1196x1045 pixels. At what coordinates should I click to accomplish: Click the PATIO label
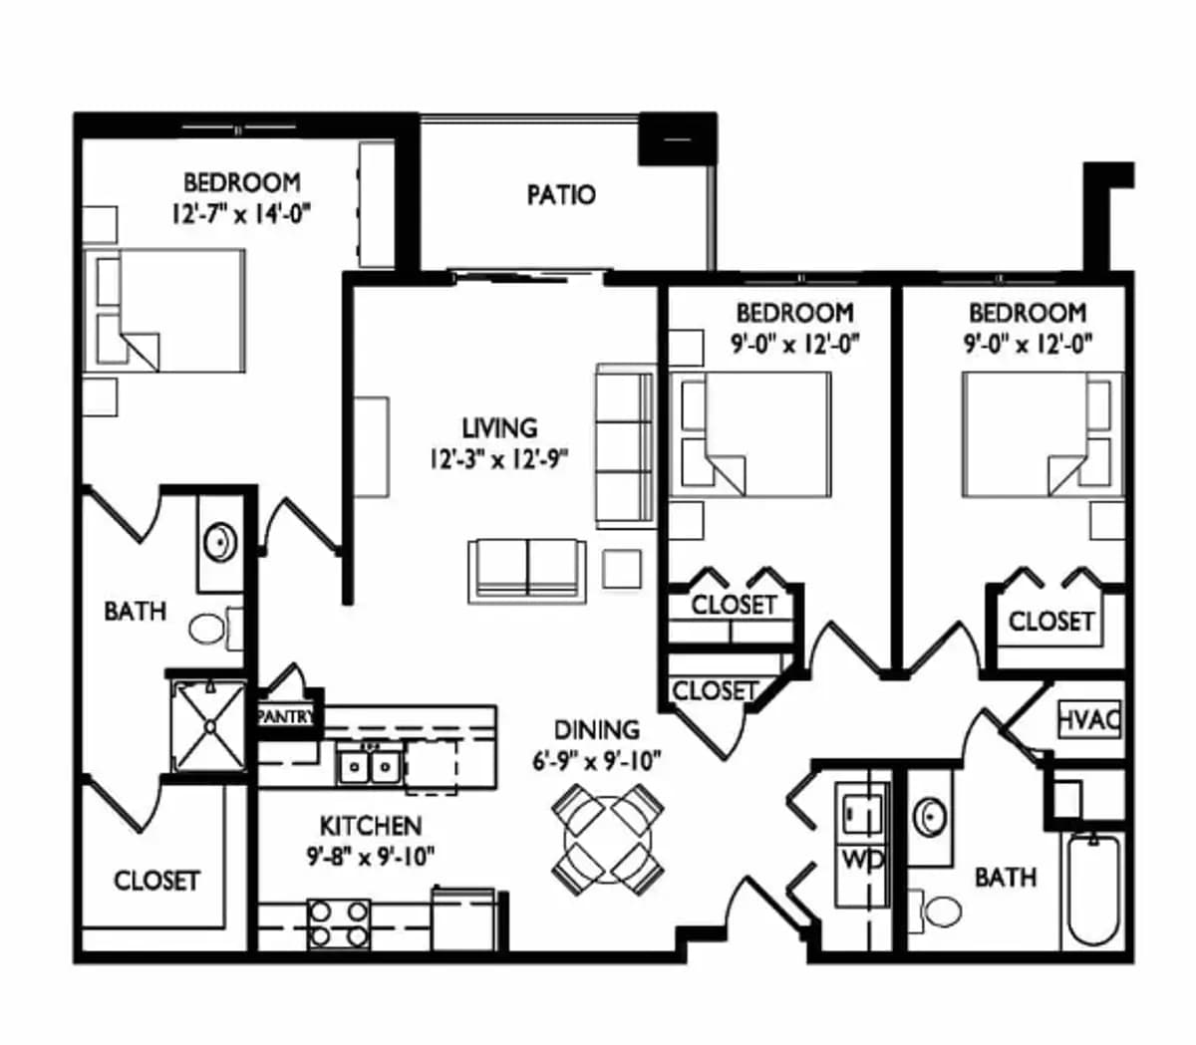click(561, 195)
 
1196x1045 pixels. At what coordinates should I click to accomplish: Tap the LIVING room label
click(499, 428)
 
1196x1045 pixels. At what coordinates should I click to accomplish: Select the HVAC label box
click(1090, 720)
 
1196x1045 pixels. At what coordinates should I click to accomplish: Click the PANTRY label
click(286, 716)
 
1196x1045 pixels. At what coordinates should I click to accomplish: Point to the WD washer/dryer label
click(863, 860)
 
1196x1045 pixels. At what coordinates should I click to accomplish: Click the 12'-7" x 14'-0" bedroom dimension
click(240, 215)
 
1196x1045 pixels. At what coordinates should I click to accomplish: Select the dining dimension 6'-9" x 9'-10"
click(596, 762)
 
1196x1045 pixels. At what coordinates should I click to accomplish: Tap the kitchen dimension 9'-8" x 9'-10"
click(371, 858)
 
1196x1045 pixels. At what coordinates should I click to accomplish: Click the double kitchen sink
click(370, 767)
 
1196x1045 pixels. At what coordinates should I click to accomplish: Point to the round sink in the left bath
click(220, 543)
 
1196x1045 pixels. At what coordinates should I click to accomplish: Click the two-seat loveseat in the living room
click(526, 571)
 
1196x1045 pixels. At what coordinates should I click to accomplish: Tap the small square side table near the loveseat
click(622, 569)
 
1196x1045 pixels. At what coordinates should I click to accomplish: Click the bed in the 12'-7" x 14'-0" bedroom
click(164, 310)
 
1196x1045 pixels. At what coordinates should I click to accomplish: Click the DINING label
click(597, 730)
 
